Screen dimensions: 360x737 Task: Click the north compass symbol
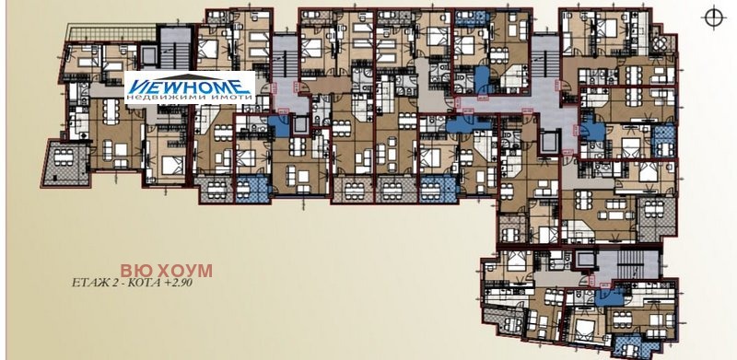point(711,17)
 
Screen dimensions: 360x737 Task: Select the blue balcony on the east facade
point(662,139)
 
